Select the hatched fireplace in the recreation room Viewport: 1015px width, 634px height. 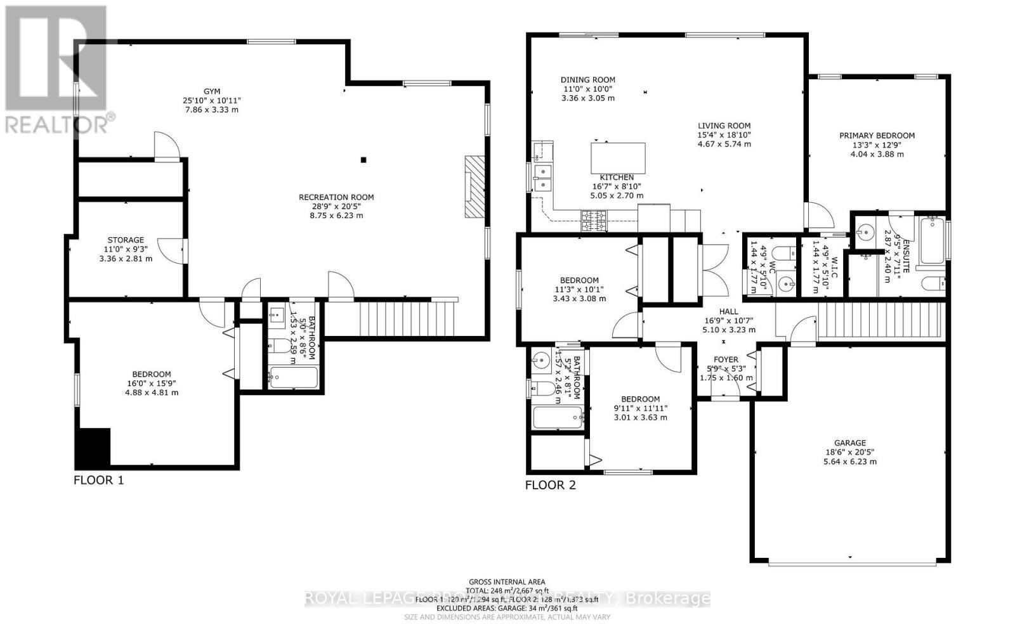pos(474,187)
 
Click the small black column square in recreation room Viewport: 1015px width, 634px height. pos(363,160)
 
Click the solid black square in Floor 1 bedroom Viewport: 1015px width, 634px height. pos(93,448)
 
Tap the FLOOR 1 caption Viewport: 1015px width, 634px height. pos(98,480)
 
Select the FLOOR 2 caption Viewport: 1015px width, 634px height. pos(550,486)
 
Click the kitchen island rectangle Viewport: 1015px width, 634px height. pos(618,158)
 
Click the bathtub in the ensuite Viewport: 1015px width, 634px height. pos(931,241)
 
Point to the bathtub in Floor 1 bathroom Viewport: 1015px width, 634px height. pos(292,378)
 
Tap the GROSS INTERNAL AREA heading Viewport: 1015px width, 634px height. pos(507,581)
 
